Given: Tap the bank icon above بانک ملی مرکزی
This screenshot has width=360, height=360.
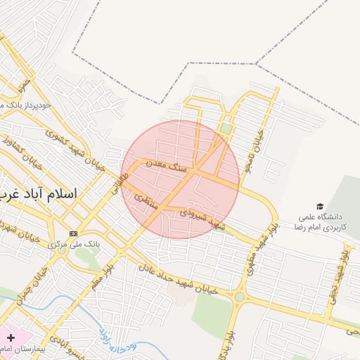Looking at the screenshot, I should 73,233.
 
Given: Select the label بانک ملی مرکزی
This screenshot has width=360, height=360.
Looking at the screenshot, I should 75,245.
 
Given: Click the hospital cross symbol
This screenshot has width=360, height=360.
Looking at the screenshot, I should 11,337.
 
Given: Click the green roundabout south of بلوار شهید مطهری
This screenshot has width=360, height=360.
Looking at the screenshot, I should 240,297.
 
